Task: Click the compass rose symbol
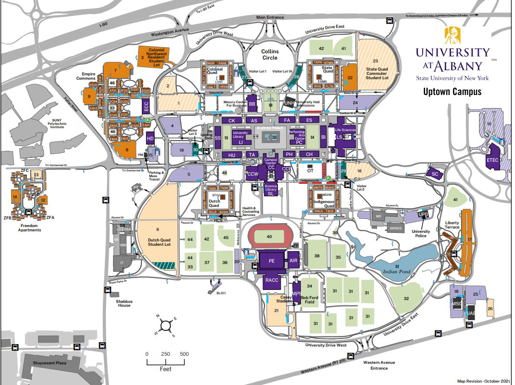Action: coord(165,325)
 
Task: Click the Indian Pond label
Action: coord(398,271)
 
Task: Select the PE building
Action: coord(271,261)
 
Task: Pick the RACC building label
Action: coord(272,280)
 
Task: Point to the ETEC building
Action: coord(493,160)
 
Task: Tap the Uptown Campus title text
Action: coord(452,92)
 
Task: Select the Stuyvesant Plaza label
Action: coord(49,363)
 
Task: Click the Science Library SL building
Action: coord(270,190)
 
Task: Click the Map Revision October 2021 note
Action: coord(482,380)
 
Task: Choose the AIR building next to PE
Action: coord(294,260)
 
